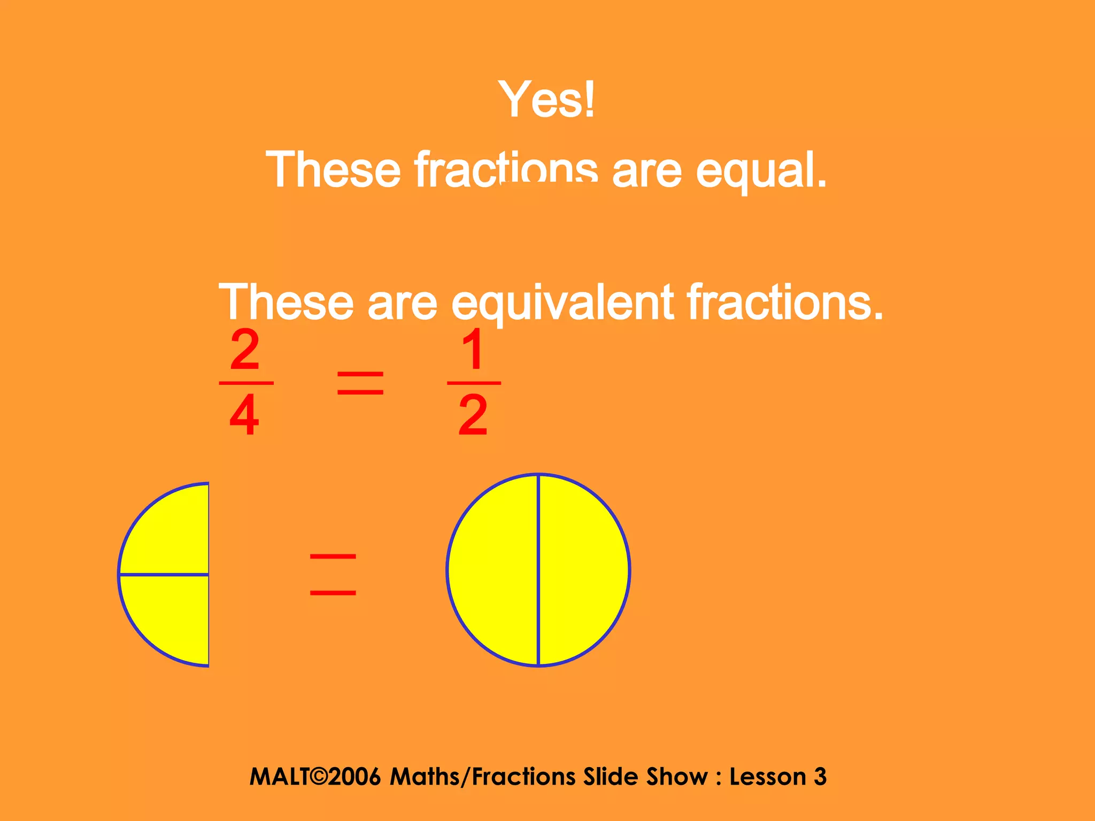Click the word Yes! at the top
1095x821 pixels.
546,99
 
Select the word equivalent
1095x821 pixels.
562,303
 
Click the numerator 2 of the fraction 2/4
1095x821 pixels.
245,350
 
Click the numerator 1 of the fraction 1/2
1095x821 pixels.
474,350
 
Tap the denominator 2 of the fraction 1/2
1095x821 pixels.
473,415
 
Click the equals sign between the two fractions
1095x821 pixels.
360,383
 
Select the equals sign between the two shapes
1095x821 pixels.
333,575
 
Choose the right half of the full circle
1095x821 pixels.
583,570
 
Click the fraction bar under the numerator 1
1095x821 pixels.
474,383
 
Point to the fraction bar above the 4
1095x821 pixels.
246,383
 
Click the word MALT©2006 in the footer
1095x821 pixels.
315,777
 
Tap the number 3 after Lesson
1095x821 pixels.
820,777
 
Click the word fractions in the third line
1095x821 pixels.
784,302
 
